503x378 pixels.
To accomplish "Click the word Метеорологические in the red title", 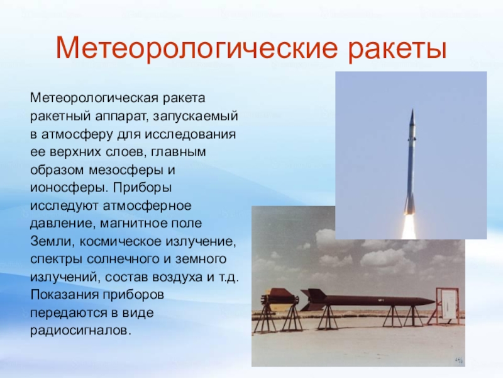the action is click(197, 49).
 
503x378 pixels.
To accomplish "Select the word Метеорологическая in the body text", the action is click(94, 98).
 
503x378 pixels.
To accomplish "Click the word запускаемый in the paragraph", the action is click(196, 116).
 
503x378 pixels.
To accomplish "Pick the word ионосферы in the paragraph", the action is click(69, 188).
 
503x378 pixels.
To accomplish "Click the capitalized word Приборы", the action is click(143, 187).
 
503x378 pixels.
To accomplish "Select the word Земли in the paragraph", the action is click(51, 241).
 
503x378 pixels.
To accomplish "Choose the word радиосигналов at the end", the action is click(81, 331).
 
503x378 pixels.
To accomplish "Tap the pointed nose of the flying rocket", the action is click(412, 110).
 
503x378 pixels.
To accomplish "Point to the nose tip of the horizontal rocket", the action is click(435, 302).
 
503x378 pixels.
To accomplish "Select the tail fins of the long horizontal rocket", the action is click(315, 299).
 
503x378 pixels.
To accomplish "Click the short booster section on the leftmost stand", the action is click(279, 299).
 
